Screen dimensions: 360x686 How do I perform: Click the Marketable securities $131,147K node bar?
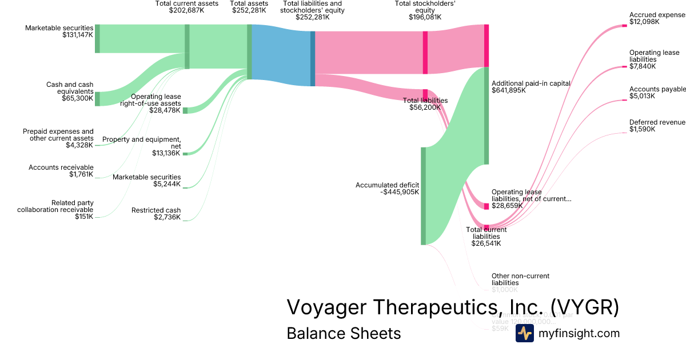pos(97,39)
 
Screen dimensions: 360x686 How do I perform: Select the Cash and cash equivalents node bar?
pos(97,98)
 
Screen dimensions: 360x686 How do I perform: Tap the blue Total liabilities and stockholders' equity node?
pos(313,58)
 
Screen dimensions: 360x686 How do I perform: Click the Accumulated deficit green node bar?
pos(423,195)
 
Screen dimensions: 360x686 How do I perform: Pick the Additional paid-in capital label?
pos(531,83)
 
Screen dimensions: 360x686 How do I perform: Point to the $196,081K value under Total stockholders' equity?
pos(425,17)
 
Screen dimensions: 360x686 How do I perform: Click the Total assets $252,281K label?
pos(249,7)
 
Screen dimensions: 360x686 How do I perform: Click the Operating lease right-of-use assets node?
pos(185,110)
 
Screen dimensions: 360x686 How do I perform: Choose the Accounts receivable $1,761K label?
pos(61,170)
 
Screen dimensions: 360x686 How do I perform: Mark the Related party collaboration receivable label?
pos(55,206)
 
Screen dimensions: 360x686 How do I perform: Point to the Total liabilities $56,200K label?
pos(425,103)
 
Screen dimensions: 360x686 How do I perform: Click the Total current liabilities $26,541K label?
pos(486,237)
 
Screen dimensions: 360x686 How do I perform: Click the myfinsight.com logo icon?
pos(524,333)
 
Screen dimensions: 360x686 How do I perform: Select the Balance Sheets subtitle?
pos(344,333)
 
